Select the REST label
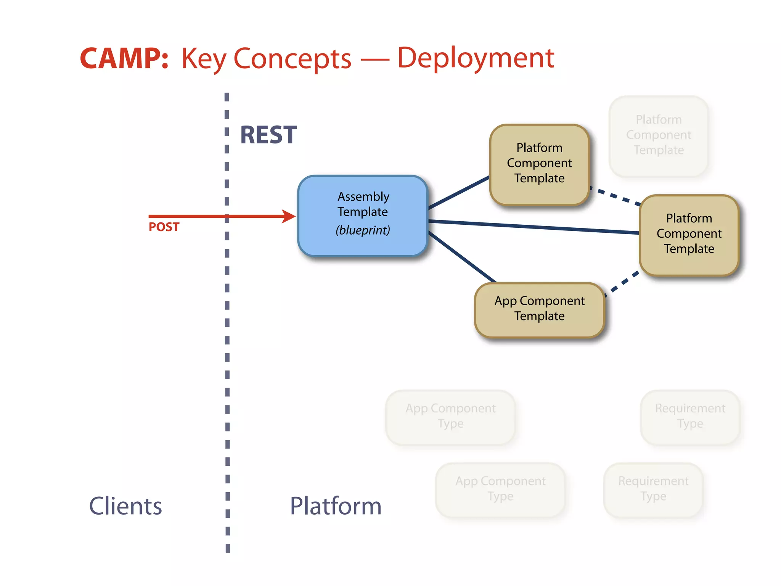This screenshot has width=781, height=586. point(268,135)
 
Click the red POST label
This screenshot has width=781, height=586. point(164,227)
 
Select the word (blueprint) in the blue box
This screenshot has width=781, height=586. point(363,230)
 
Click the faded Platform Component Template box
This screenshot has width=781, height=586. point(659,135)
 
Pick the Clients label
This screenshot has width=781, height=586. point(125,506)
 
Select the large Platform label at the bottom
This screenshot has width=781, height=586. point(336,506)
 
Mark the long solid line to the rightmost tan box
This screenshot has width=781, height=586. point(534,227)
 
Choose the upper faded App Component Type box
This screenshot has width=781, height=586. point(450,416)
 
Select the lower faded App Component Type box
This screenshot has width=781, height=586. point(500,489)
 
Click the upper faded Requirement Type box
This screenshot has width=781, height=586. point(690,416)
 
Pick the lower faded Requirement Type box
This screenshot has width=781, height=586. point(653,489)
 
